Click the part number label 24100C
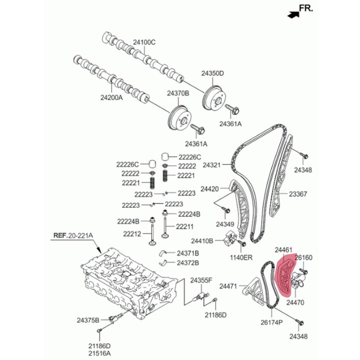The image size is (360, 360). [x=144, y=42]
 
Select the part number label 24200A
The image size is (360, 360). [x=112, y=98]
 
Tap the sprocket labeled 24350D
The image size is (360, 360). [x=214, y=98]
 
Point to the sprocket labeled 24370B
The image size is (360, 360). [x=180, y=118]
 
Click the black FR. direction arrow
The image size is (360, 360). [x=293, y=14]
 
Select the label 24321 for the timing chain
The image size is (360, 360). [x=212, y=165]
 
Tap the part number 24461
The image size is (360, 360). [x=284, y=249]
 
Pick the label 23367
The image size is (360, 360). [x=298, y=194]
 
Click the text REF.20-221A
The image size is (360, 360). [x=73, y=235]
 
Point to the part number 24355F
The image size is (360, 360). [x=201, y=280]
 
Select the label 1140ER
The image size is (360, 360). [x=241, y=257]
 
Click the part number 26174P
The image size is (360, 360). [x=271, y=322]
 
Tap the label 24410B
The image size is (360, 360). [x=202, y=241]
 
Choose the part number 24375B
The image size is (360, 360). [x=88, y=320]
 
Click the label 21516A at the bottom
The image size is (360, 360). [x=100, y=353]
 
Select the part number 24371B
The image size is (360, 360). [x=188, y=253]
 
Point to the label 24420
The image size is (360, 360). [x=210, y=189]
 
